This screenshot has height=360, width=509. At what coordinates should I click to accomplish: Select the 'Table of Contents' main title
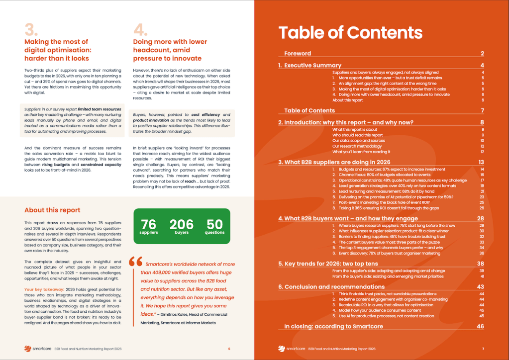point(350,32)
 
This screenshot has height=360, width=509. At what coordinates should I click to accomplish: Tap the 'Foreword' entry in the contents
point(298,53)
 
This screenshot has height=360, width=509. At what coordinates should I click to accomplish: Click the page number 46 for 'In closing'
point(480,327)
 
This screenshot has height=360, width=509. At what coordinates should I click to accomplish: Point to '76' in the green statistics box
point(148,225)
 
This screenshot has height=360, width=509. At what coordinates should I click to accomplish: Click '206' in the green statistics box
point(182,225)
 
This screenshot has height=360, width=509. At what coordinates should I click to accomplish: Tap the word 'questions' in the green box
point(214,233)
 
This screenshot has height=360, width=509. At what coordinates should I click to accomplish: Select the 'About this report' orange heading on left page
point(52,210)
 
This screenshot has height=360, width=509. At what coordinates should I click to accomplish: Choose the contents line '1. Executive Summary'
point(309,65)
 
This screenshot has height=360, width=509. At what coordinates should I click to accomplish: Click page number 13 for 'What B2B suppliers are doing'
point(481,162)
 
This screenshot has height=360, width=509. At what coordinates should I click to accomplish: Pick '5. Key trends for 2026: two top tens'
point(328,264)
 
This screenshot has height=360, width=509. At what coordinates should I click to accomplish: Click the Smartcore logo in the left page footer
point(40,348)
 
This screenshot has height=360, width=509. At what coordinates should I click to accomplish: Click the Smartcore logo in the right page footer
point(290,348)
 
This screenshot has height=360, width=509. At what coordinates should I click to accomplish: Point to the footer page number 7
point(483,348)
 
